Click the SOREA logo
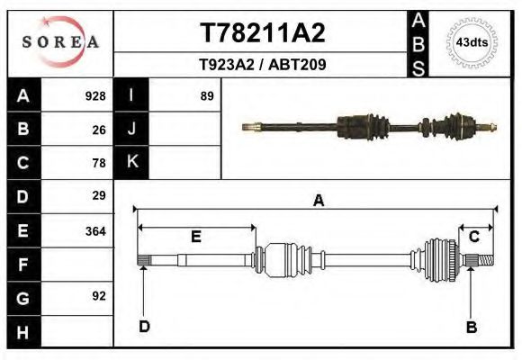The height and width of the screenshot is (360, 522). tap(59, 41)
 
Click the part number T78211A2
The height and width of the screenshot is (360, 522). tap(261, 33)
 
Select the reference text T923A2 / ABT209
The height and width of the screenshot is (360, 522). tap(261, 65)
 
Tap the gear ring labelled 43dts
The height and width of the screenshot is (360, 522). tap(473, 42)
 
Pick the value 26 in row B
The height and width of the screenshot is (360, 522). tap(99, 130)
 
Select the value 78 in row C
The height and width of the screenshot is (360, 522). tap(99, 163)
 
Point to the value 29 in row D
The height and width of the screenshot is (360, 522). tap(99, 195)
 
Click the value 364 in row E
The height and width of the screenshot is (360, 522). tap(94, 230)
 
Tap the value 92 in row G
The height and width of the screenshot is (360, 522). tap(99, 295)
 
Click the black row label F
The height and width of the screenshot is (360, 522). tap(22, 265)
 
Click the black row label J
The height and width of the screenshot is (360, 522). tap(132, 130)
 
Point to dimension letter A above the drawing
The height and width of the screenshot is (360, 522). tap(318, 202)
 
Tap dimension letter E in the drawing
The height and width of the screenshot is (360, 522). tap(195, 237)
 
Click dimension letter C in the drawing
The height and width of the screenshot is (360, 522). tap(473, 237)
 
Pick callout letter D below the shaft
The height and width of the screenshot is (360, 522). tap(143, 327)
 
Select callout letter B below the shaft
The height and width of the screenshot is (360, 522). tap(471, 327)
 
